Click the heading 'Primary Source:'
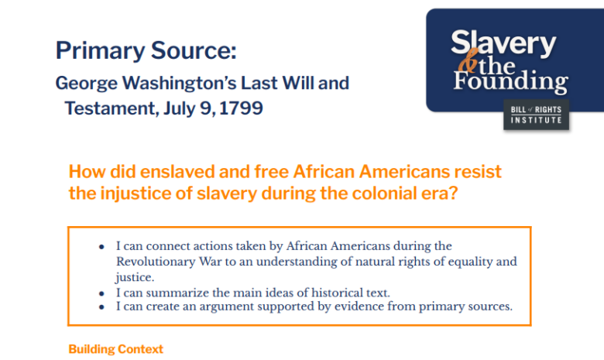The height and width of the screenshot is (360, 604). point(145,51)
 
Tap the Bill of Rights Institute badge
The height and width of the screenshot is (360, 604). point(536,115)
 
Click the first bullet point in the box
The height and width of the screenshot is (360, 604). point(101,246)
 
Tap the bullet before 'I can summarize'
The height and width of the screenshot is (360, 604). point(101,292)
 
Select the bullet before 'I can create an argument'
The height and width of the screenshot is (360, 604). point(101,307)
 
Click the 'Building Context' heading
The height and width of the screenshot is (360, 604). point(116,349)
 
